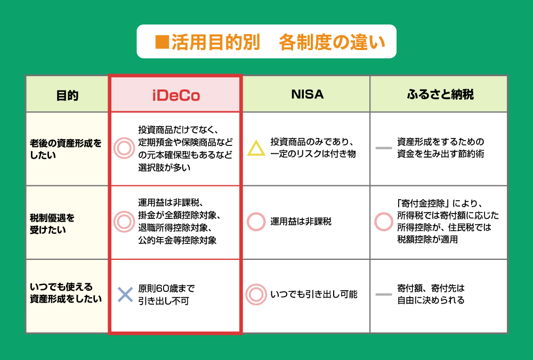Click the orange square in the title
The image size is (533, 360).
pyautogui.click(x=162, y=42)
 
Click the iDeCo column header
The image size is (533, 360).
pyautogui.click(x=176, y=95)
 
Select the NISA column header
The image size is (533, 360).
pyautogui.click(x=308, y=94)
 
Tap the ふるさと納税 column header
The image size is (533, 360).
pyautogui.click(x=440, y=94)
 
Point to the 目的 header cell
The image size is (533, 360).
pyautogui.click(x=67, y=95)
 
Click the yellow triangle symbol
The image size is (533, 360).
pyautogui.click(x=256, y=148)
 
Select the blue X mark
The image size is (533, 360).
pyautogui.click(x=125, y=294)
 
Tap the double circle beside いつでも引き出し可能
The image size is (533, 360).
pyautogui.click(x=256, y=294)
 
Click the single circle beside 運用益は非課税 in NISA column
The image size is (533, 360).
pyautogui.click(x=256, y=222)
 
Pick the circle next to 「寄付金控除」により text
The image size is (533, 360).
pyautogui.click(x=384, y=222)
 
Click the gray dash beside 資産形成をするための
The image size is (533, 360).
pyautogui.click(x=384, y=148)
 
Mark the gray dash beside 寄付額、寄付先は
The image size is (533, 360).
pyautogui.click(x=384, y=294)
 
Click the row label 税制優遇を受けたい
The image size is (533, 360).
pyautogui.click(x=52, y=224)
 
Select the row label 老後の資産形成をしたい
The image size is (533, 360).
pyautogui.click(x=66, y=149)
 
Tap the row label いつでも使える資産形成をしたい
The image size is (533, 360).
pyautogui.click(x=66, y=293)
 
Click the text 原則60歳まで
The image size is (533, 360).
pyautogui.click(x=166, y=288)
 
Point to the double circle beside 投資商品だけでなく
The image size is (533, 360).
pyautogui.click(x=124, y=148)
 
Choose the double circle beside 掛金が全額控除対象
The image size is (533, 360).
pyautogui.click(x=124, y=222)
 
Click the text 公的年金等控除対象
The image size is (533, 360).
pyautogui.click(x=177, y=241)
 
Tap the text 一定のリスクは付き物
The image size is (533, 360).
pyautogui.click(x=313, y=154)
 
